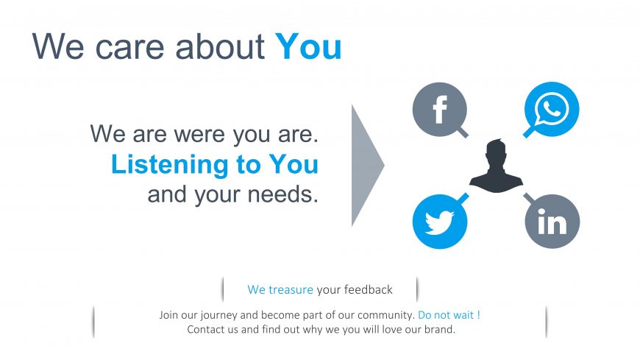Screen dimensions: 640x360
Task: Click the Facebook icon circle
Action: (440, 110)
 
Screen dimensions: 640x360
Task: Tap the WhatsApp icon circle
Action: (552, 109)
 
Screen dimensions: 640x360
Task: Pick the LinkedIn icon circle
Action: (552, 222)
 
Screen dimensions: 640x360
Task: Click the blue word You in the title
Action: (308, 47)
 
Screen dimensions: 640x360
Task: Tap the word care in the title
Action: (129, 47)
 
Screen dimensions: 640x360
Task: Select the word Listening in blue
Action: (169, 165)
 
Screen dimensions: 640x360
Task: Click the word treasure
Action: (291, 290)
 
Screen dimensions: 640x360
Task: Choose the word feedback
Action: (368, 290)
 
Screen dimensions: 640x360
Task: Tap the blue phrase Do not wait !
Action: (449, 315)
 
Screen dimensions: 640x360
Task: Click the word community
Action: (386, 315)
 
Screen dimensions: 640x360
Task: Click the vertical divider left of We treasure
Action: (223, 289)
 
